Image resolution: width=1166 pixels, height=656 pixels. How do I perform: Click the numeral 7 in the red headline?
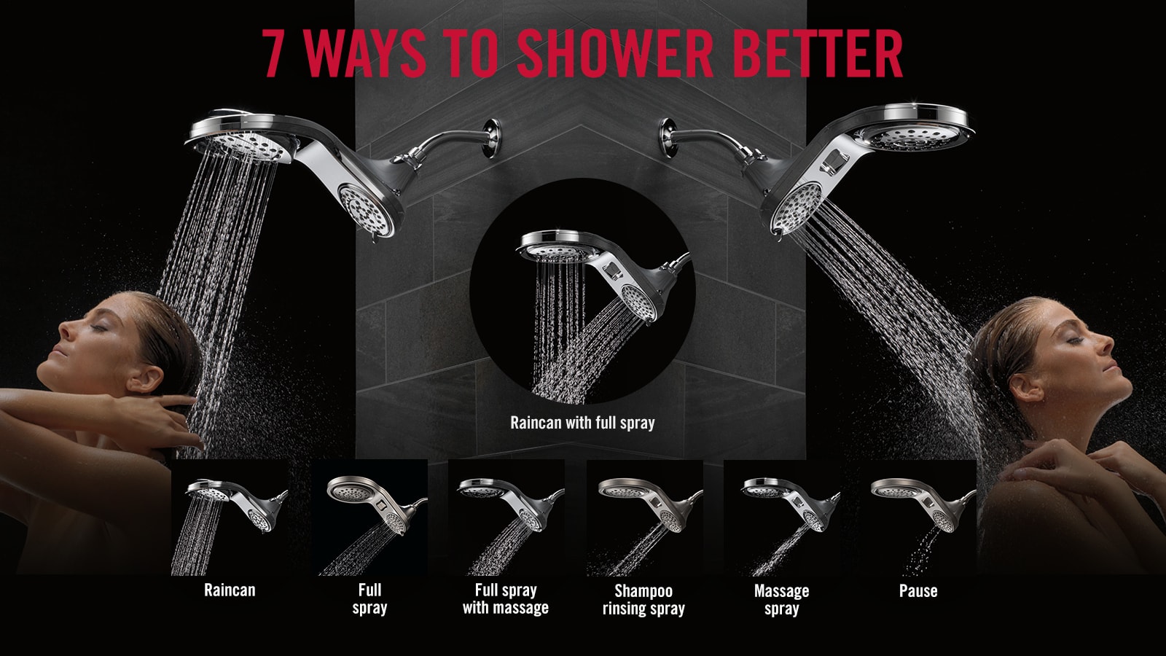point(273,53)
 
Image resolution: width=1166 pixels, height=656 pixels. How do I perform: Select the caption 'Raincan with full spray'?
point(582,423)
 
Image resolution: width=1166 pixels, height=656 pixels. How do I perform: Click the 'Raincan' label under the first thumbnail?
point(230,590)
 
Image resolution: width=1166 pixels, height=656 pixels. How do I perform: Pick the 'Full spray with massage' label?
point(505,598)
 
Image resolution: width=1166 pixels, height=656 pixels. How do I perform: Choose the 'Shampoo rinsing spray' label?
point(643,599)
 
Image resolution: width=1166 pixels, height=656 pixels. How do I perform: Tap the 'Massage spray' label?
point(781,599)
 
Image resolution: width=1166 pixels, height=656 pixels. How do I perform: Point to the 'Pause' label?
point(918,590)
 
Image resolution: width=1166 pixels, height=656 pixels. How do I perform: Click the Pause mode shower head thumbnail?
point(918,518)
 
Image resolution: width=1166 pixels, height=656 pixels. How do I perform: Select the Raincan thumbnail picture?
point(230,518)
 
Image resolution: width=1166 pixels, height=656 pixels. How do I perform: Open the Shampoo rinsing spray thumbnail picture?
point(644,518)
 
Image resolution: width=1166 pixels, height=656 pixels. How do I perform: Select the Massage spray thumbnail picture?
point(781,518)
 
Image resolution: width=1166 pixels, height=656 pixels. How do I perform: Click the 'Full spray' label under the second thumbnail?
point(369,598)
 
